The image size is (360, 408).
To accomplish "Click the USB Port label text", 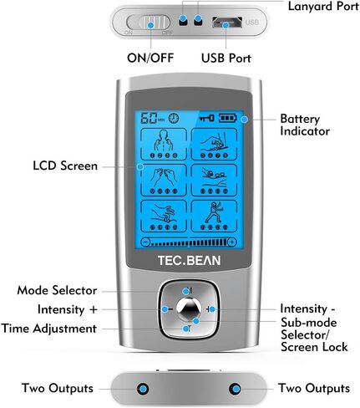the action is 226,58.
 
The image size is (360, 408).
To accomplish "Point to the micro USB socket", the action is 227,23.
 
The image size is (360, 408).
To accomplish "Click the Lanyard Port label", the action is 323,7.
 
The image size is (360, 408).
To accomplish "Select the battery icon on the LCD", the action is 227,118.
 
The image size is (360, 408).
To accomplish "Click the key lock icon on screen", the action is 207,118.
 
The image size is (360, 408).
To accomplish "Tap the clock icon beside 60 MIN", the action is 174,119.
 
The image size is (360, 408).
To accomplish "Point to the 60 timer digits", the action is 149,118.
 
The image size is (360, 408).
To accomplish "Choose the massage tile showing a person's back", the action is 164,144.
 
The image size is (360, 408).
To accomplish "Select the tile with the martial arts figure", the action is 214,216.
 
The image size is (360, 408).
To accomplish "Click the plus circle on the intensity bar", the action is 232,242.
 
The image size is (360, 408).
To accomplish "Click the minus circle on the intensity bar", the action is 145,242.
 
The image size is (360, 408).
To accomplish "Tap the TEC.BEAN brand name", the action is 190,261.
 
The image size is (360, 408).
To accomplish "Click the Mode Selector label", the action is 57,290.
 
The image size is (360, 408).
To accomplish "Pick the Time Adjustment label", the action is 49,329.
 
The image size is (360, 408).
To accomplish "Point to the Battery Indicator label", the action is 305,125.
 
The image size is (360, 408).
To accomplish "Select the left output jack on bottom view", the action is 143,389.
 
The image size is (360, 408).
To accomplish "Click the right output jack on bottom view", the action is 235,389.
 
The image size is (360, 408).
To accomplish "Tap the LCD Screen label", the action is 65,166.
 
